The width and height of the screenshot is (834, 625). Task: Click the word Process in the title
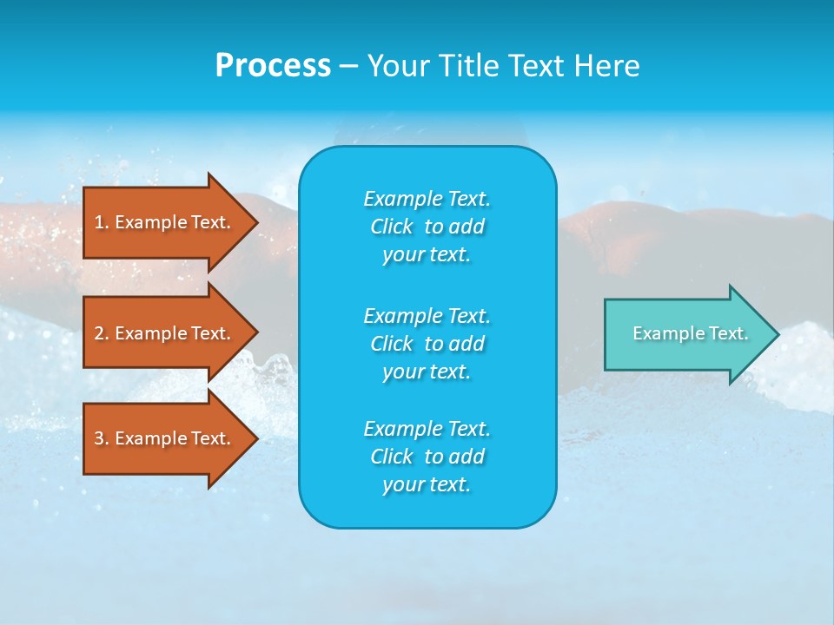pyautogui.click(x=273, y=66)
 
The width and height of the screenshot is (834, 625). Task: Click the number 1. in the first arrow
pyautogui.click(x=102, y=222)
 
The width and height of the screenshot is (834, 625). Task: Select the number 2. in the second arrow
pyautogui.click(x=102, y=333)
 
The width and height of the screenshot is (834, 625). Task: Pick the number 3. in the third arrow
pyautogui.click(x=102, y=438)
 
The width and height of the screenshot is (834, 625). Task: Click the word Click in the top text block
pyautogui.click(x=392, y=227)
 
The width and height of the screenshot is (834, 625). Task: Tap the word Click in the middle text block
pyautogui.click(x=392, y=344)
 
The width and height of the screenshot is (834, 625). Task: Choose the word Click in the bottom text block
pyautogui.click(x=392, y=457)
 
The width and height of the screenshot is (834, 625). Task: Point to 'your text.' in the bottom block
pyautogui.click(x=427, y=485)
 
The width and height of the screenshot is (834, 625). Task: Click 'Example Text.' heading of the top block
pyautogui.click(x=427, y=199)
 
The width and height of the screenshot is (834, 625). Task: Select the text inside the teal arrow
pyautogui.click(x=691, y=333)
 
